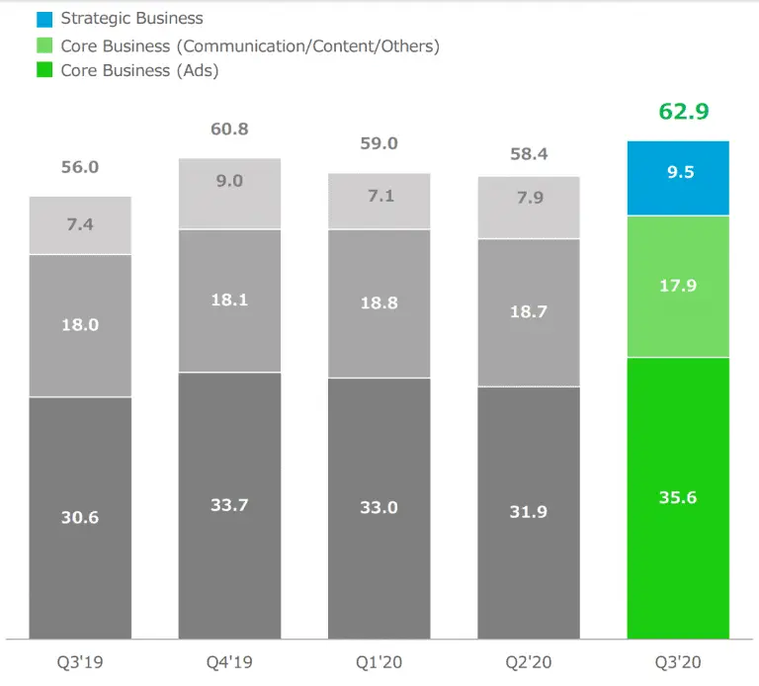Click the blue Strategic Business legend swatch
(x=43, y=19)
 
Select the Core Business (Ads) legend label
(x=139, y=70)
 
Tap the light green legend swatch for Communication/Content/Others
(x=43, y=45)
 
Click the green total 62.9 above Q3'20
(x=684, y=111)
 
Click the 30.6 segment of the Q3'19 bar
(x=80, y=517)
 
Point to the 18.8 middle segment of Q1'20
(x=379, y=303)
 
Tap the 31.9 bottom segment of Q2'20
(x=528, y=512)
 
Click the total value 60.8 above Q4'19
(x=229, y=129)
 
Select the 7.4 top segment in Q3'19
(x=80, y=225)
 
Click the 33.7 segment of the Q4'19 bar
(x=229, y=505)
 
